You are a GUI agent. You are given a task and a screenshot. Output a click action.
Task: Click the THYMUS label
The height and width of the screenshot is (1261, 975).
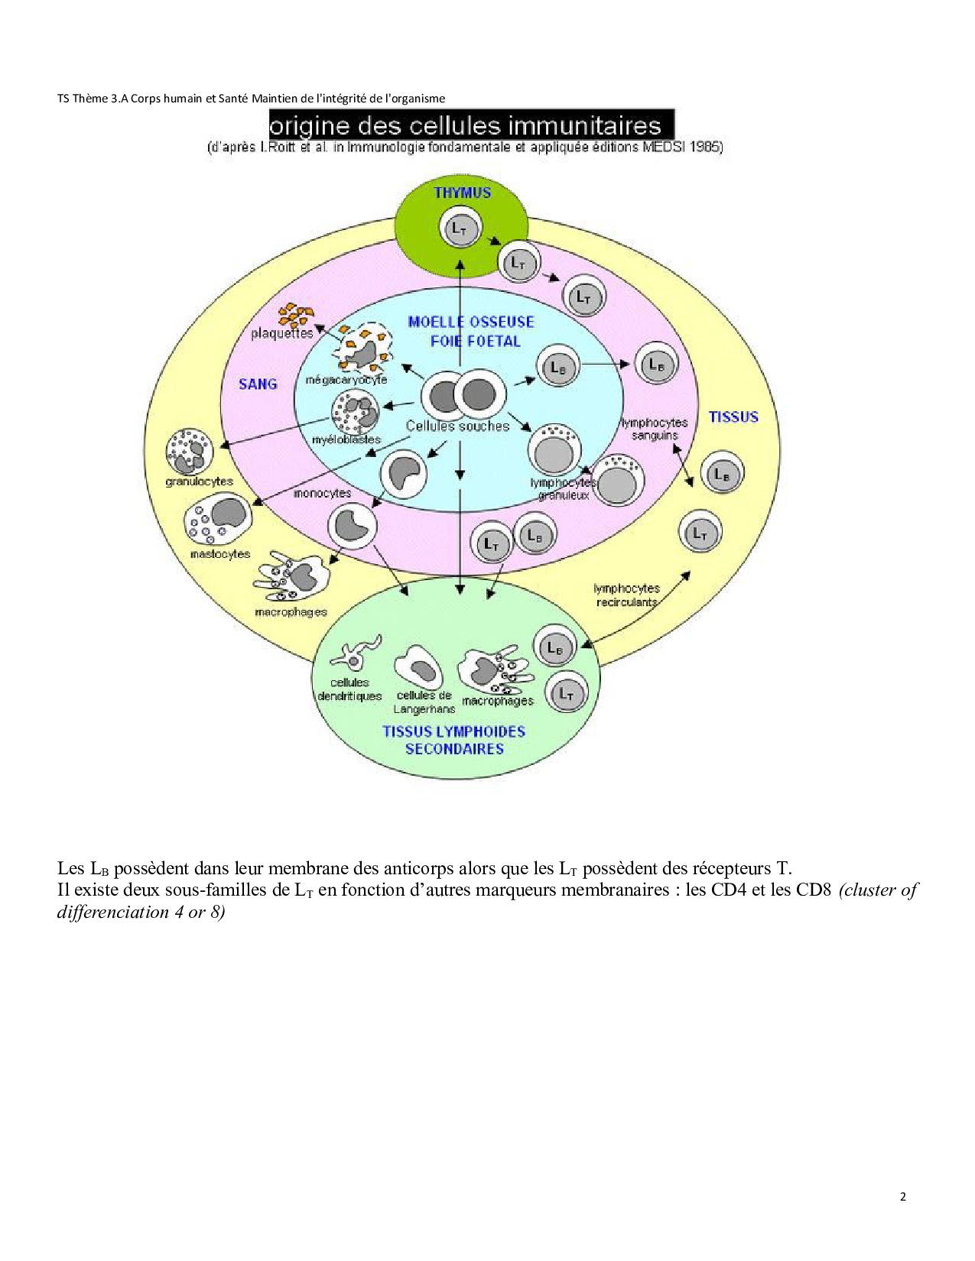pyautogui.click(x=462, y=193)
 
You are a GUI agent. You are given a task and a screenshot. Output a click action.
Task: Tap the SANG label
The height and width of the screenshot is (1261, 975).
pyautogui.click(x=258, y=384)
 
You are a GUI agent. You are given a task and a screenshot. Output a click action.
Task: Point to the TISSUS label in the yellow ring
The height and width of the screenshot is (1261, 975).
pyautogui.click(x=733, y=417)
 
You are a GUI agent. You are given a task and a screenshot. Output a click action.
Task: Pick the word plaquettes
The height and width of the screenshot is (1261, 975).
pyautogui.click(x=281, y=334)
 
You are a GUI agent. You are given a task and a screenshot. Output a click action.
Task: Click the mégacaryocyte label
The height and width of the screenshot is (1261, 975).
pyautogui.click(x=346, y=380)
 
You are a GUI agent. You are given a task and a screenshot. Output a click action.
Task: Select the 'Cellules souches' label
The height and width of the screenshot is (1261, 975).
pyautogui.click(x=457, y=426)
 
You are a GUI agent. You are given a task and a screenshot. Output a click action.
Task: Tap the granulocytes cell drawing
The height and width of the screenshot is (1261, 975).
pyautogui.click(x=188, y=451)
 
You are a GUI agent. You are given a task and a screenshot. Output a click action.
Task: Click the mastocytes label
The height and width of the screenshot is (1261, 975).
pyautogui.click(x=220, y=554)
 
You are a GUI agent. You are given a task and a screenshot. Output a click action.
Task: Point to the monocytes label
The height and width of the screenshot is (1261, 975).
pyautogui.click(x=322, y=494)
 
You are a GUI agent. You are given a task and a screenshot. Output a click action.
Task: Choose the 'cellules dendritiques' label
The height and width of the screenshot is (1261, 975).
pyautogui.click(x=349, y=689)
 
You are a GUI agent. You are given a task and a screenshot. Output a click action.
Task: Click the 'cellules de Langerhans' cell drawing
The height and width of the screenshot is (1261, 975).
pyautogui.click(x=419, y=666)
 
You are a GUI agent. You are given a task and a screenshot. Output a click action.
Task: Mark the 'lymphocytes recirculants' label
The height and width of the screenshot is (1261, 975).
pyautogui.click(x=626, y=595)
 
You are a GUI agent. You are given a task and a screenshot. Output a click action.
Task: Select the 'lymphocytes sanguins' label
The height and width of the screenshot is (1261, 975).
pyautogui.click(x=655, y=429)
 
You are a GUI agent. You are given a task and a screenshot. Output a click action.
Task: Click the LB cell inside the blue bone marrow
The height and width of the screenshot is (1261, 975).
pyautogui.click(x=557, y=367)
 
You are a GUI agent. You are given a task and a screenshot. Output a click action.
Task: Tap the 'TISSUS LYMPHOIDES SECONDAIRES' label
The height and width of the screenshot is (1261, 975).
pyautogui.click(x=454, y=740)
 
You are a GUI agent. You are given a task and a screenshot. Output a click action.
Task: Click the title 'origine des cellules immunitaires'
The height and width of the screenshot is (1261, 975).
pyautogui.click(x=471, y=125)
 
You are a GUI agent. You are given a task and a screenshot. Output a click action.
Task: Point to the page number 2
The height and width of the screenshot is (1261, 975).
pyautogui.click(x=903, y=1197)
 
